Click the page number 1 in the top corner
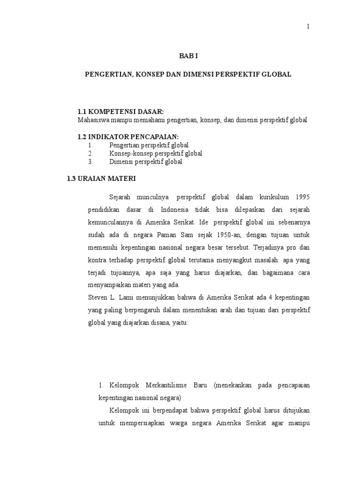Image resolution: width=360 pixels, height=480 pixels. click(x=308, y=27)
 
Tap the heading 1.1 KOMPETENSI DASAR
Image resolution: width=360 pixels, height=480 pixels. click(x=120, y=112)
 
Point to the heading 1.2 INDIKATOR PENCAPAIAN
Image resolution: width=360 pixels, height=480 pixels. click(x=128, y=136)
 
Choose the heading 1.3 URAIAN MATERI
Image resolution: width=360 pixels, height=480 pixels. click(x=102, y=179)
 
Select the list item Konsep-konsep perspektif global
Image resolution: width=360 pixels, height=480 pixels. click(x=156, y=153)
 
